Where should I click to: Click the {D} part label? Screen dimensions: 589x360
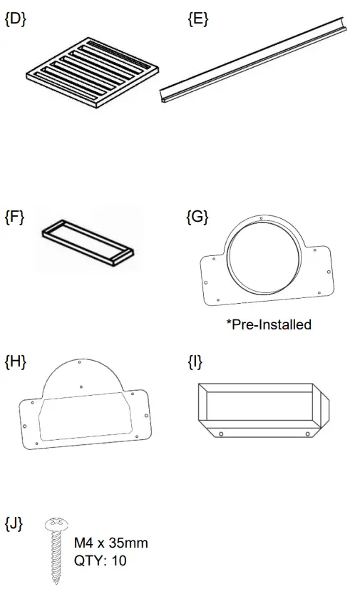15,19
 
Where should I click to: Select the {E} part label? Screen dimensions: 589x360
197,19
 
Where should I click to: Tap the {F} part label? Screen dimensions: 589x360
14,217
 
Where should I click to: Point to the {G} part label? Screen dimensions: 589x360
197,217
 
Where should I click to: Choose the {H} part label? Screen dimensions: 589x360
15,362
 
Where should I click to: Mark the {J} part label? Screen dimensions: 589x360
14,524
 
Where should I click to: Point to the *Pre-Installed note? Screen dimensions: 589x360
269,324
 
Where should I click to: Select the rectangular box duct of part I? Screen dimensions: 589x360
259,411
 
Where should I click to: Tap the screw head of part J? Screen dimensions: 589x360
55,526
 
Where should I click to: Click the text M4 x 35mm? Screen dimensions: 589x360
111,543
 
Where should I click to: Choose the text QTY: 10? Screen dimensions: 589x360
100,560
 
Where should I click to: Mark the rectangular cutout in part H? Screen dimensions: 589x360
84,421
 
